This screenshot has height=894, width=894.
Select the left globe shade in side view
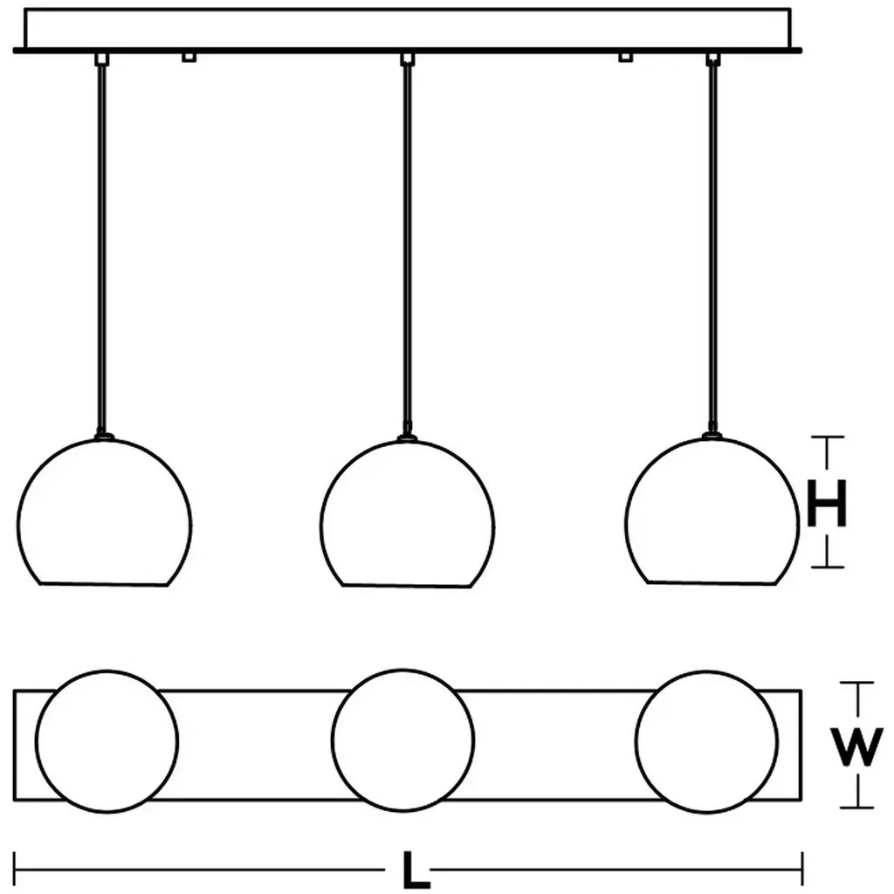point(104,515)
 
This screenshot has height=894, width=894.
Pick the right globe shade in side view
point(711,515)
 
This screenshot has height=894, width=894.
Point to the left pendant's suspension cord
point(102,244)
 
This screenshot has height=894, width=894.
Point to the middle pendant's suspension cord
point(406,244)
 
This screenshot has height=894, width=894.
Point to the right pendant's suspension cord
point(713,244)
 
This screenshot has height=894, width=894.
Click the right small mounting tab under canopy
point(624,58)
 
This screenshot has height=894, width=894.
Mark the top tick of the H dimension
point(827,438)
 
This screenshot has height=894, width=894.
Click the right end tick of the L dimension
point(802,869)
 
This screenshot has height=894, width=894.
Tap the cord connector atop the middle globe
point(406,437)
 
